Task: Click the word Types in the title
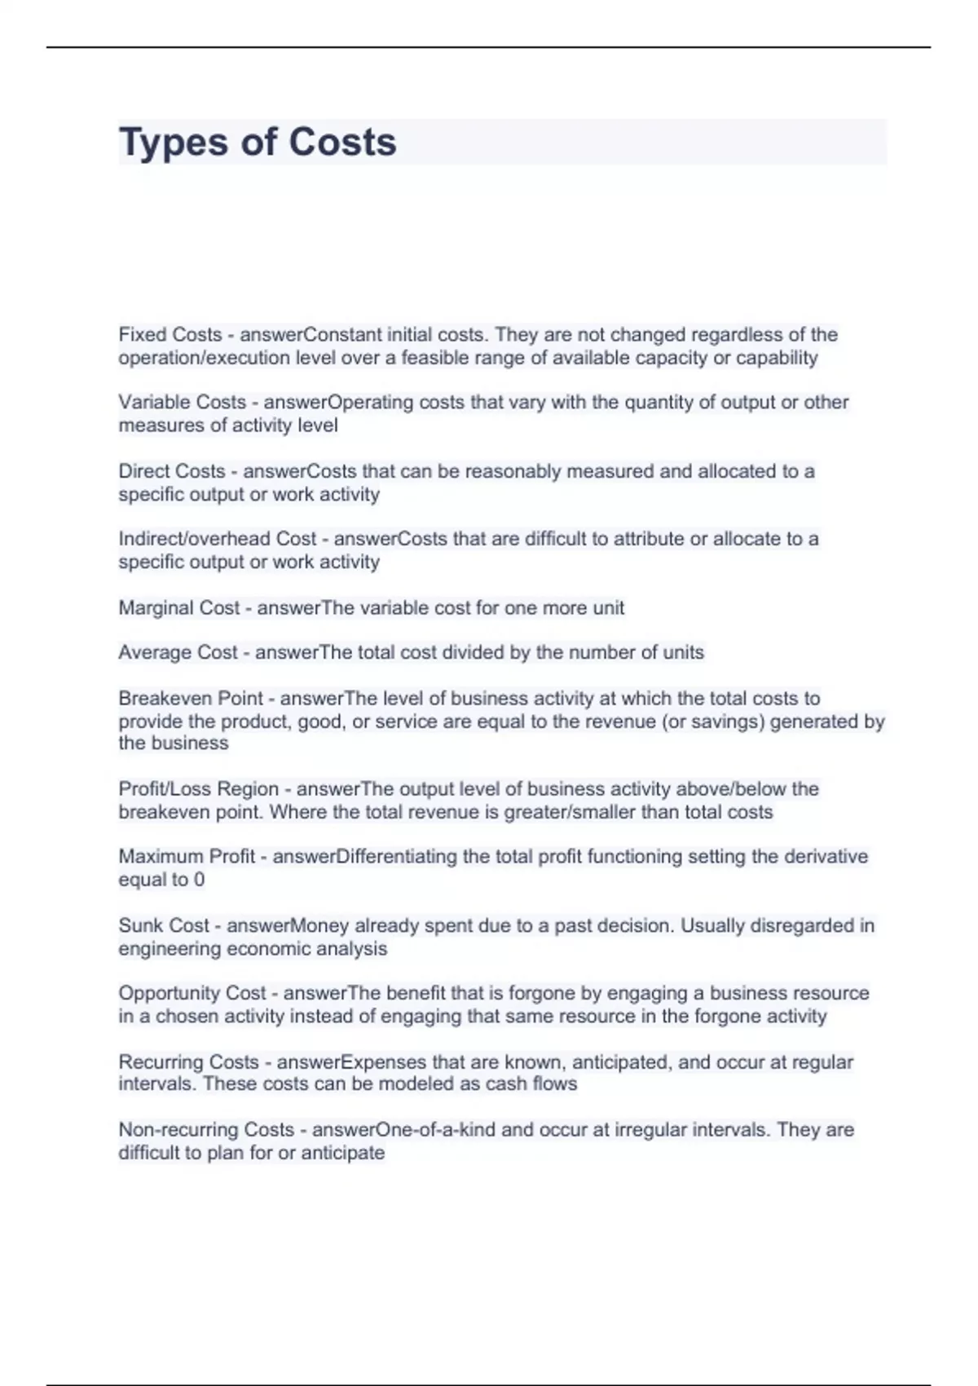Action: coord(173,143)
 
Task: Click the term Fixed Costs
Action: coord(170,335)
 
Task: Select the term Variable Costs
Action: coord(182,403)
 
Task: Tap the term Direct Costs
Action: coord(172,471)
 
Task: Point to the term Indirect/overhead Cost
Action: coord(218,539)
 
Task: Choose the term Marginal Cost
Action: coord(179,608)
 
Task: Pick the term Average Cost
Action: coord(178,653)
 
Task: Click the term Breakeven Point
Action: coord(191,699)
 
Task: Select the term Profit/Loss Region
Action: coord(199,789)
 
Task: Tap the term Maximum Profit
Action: coord(187,857)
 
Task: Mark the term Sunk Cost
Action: coord(164,926)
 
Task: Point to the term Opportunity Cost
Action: coord(192,994)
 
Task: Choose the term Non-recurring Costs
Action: coord(206,1130)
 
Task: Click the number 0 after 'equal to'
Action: coord(200,881)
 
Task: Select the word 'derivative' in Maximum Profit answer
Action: coord(826,857)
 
